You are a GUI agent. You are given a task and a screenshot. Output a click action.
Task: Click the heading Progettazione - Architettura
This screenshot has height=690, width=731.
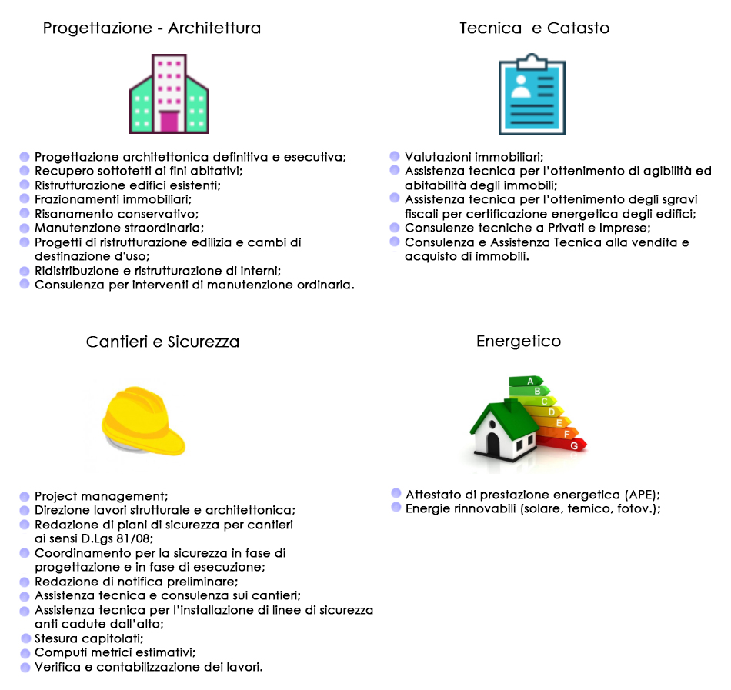pos(152,28)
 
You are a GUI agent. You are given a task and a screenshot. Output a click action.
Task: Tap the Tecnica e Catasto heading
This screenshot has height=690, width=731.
pos(534,28)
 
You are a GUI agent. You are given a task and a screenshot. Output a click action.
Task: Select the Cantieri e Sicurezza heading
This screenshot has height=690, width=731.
pos(162,342)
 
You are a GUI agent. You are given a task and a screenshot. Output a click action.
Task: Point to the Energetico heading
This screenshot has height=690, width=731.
pos(519,342)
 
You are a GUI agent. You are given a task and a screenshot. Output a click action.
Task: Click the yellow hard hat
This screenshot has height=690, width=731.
pos(142,421)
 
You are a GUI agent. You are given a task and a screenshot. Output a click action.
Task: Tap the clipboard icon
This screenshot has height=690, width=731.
pos(532,95)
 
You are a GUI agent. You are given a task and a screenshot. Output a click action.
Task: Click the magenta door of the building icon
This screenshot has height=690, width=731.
pos(169,122)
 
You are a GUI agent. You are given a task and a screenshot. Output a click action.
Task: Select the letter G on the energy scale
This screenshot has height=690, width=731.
pos(574,446)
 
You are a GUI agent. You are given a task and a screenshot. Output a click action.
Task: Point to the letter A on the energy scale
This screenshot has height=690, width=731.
pos(530,381)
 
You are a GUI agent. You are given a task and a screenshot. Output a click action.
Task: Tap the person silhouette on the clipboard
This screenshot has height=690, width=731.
pos(521,87)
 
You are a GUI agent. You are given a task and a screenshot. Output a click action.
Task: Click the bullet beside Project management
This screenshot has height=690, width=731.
pos(25,497)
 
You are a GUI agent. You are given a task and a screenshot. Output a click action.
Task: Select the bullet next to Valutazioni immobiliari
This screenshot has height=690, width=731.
pos(395,155)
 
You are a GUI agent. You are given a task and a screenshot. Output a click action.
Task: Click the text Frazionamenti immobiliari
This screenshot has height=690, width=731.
pos(113,199)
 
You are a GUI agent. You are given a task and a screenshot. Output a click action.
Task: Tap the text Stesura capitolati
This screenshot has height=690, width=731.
pos(89,638)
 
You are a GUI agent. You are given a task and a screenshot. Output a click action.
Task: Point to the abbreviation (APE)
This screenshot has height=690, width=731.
pos(642,495)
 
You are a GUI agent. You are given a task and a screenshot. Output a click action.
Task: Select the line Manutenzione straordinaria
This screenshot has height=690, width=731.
pos(119,228)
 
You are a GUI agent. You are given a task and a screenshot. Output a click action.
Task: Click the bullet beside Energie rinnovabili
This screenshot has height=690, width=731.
pos(396,507)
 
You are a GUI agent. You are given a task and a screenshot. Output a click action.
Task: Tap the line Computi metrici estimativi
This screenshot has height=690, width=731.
pos(115,653)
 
